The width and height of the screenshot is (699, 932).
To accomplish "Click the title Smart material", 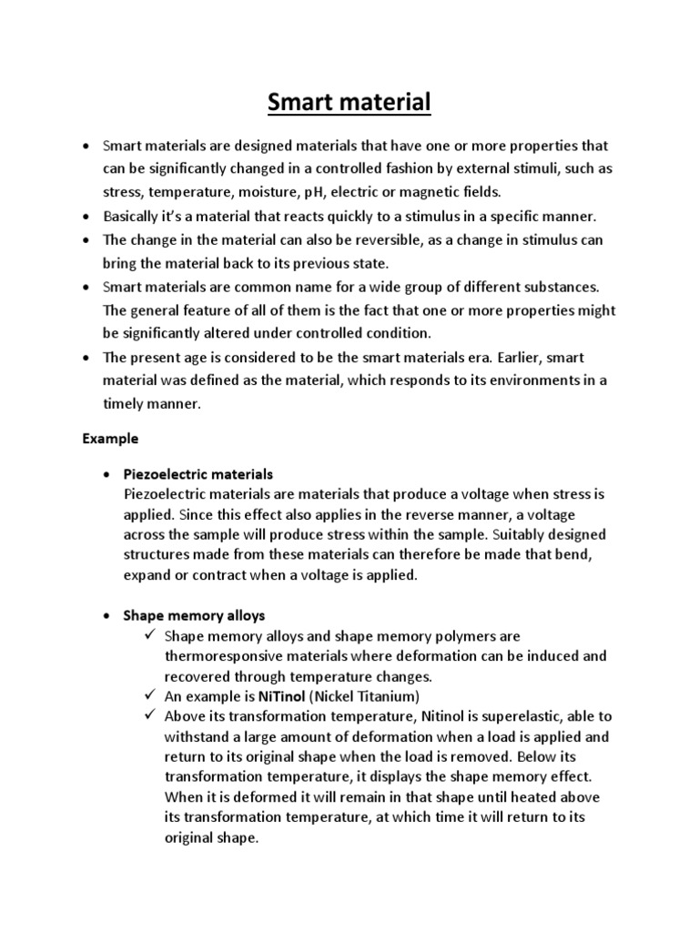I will coord(349,102).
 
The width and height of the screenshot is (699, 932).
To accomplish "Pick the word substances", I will coord(550,288).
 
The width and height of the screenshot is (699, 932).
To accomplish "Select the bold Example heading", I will coord(110,439).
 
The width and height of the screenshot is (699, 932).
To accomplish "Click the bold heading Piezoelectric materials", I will coord(198,474).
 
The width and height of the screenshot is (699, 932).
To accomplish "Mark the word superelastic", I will coord(491,717).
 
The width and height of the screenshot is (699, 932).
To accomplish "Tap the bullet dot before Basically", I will coord(86,218).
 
